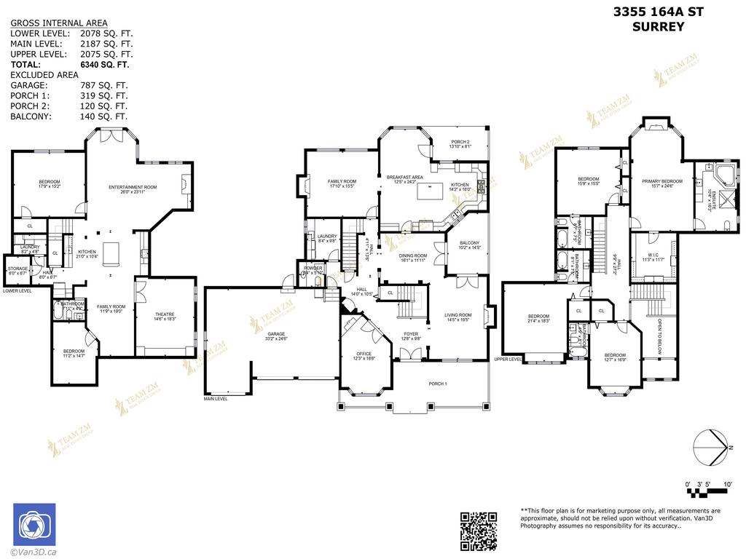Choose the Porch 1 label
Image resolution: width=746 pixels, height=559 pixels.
[437, 384]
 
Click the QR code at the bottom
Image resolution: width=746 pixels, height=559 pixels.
[479, 531]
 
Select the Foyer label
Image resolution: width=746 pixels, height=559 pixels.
[412, 336]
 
